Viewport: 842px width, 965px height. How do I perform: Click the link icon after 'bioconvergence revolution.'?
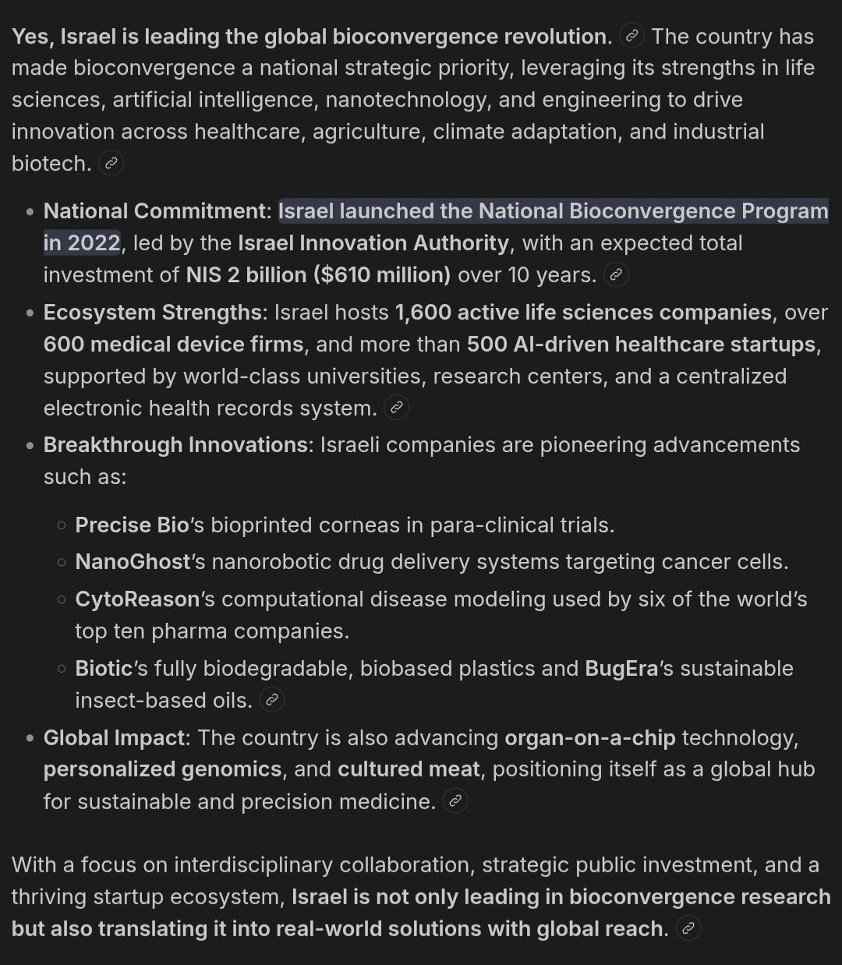(x=631, y=37)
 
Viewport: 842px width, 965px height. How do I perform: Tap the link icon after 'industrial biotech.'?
(x=111, y=164)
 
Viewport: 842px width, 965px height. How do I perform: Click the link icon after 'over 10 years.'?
(x=615, y=275)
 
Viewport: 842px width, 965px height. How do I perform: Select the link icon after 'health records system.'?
(x=396, y=408)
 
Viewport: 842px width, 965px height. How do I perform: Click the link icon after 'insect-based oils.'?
(x=271, y=700)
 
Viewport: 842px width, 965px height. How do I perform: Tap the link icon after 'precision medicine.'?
(x=455, y=801)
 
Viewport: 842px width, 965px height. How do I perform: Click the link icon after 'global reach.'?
(x=688, y=928)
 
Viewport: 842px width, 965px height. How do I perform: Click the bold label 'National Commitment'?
(x=154, y=211)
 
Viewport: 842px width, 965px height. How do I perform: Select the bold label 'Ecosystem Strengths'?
(x=153, y=313)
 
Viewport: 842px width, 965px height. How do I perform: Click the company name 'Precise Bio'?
(x=132, y=525)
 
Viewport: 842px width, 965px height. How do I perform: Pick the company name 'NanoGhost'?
(x=133, y=562)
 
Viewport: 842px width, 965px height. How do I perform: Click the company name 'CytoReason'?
(x=137, y=599)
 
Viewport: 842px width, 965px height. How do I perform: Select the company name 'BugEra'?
(x=621, y=669)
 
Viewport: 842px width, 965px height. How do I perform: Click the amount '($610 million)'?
(x=382, y=275)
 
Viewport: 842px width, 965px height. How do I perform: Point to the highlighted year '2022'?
(x=94, y=243)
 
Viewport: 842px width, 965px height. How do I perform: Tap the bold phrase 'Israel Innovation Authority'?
(x=373, y=243)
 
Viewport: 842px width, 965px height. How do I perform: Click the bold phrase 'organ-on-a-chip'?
(x=590, y=737)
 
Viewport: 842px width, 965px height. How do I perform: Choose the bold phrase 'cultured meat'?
(x=409, y=769)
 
